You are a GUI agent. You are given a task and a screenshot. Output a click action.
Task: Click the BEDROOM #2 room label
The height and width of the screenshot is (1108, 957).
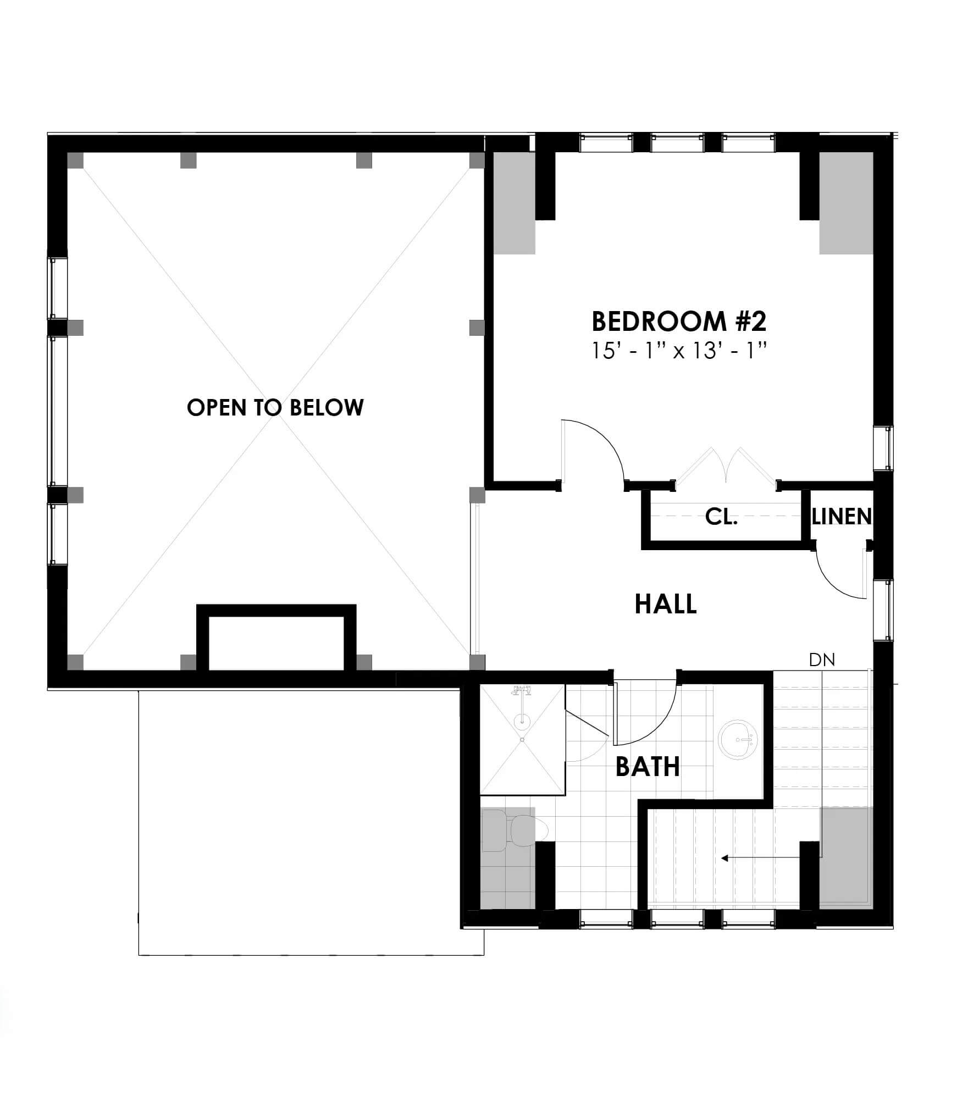coord(679,322)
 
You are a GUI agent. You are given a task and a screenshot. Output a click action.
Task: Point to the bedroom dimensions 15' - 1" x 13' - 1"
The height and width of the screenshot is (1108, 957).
coord(679,350)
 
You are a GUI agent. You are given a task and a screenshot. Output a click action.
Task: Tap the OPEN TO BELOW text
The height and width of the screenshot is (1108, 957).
coord(275,408)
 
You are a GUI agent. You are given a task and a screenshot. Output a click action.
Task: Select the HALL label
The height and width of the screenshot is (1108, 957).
coord(666,604)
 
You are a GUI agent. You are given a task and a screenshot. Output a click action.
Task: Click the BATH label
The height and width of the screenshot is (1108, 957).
coord(648,767)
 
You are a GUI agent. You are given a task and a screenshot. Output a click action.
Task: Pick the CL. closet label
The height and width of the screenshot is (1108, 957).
coord(721,517)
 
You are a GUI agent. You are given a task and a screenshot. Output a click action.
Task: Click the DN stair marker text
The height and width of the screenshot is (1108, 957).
coord(822,660)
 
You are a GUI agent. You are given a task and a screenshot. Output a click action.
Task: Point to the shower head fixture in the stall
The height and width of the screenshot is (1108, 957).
coord(522,691)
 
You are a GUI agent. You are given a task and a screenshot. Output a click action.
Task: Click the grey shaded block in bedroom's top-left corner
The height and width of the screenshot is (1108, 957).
coord(515,203)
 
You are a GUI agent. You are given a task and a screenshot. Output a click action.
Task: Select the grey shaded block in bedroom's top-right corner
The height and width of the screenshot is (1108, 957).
coord(846,203)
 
